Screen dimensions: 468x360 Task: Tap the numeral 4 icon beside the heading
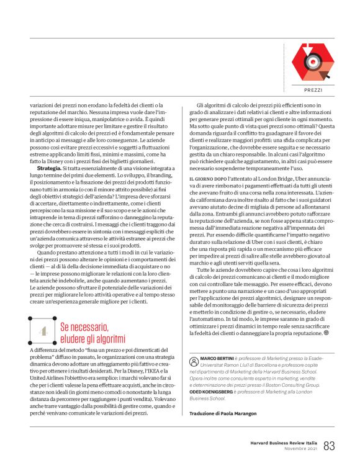pos(43,332)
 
